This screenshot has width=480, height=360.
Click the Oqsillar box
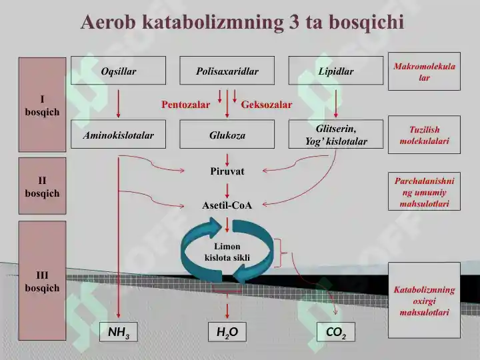point(119,71)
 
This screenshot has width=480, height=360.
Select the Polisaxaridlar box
point(227,71)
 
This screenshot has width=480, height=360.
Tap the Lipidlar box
point(336,71)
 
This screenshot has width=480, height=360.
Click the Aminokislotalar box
point(119,134)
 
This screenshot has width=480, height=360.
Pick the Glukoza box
point(227,134)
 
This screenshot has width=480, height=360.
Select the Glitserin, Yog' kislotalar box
point(336,134)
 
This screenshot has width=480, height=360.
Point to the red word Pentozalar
point(185,105)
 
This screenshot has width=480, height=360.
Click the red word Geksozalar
point(266,105)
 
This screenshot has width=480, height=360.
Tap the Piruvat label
point(227,171)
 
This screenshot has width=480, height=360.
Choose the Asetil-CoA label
point(227,205)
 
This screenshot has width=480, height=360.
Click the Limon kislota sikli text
point(227,252)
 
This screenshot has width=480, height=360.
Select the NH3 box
point(119,332)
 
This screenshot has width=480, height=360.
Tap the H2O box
point(227,332)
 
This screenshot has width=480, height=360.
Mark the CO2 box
point(336,332)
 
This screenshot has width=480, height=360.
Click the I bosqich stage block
point(42,105)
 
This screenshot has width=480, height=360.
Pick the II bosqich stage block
point(42,186)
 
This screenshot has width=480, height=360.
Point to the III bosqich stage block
point(42,281)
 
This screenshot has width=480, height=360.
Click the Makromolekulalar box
point(424,71)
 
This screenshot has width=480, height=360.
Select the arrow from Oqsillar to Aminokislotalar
point(119,104)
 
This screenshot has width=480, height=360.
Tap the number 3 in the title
point(293,22)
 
